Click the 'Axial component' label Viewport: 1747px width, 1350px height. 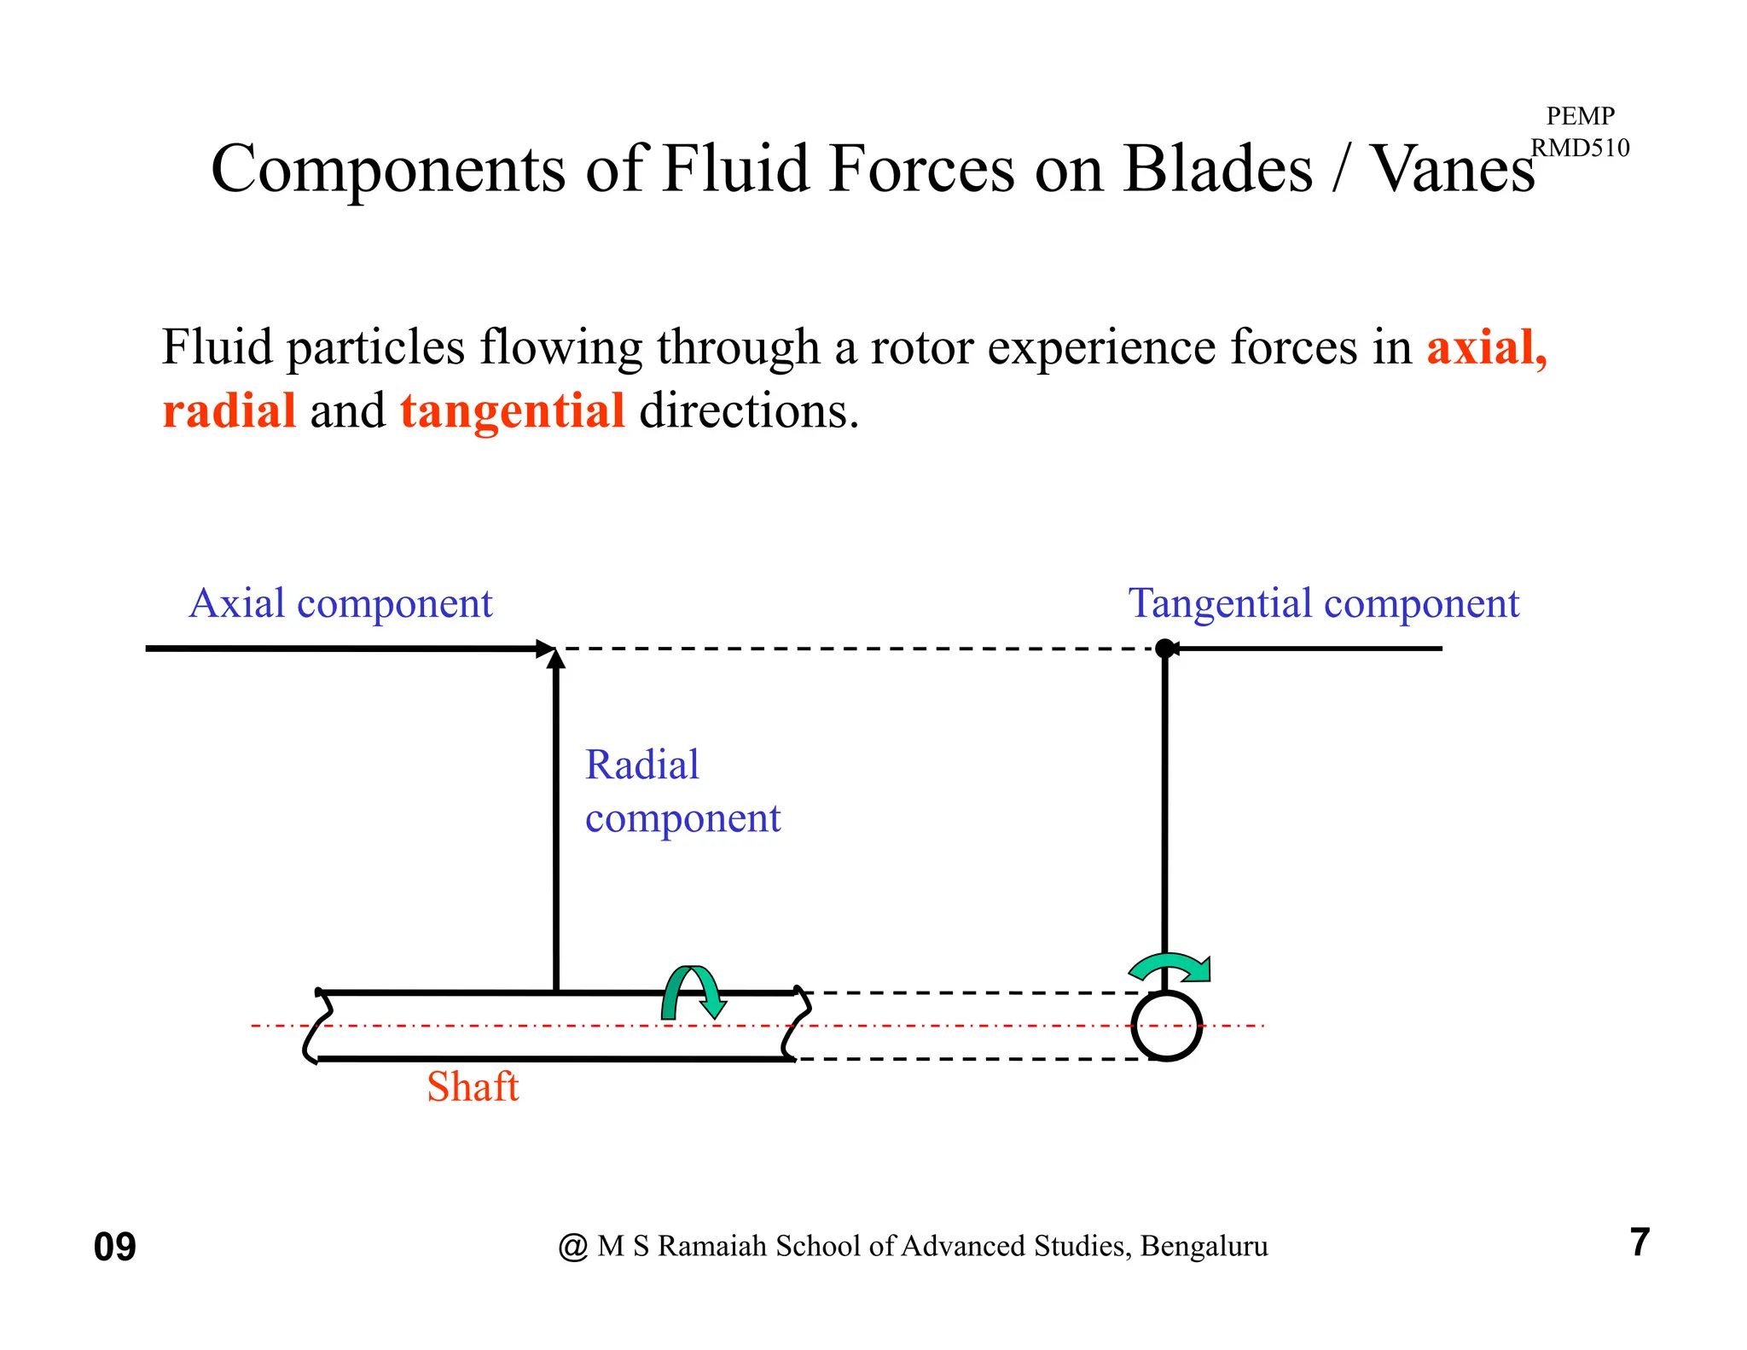click(x=340, y=604)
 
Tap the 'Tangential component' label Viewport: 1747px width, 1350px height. click(x=1323, y=604)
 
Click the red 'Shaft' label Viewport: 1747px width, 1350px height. click(x=473, y=1088)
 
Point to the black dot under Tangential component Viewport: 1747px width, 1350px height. click(x=1164, y=649)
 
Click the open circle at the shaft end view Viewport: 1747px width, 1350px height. click(x=1166, y=1026)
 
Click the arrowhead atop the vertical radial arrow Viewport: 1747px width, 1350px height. click(x=556, y=659)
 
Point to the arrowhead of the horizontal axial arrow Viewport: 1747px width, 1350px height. click(x=544, y=649)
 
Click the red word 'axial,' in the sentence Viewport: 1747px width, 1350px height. click(x=1487, y=348)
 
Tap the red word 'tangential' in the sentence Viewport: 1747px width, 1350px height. click(x=513, y=411)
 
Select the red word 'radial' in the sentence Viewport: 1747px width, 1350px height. click(x=229, y=411)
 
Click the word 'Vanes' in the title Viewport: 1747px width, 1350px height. click(x=1452, y=169)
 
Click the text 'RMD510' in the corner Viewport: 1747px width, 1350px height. click(x=1580, y=148)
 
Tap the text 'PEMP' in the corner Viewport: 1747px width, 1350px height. click(x=1580, y=115)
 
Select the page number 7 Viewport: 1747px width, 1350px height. click(x=1640, y=1242)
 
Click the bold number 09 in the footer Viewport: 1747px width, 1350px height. click(x=114, y=1248)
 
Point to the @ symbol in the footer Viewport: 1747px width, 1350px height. click(x=573, y=1248)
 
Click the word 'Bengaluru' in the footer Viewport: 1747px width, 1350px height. click(x=1204, y=1247)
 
